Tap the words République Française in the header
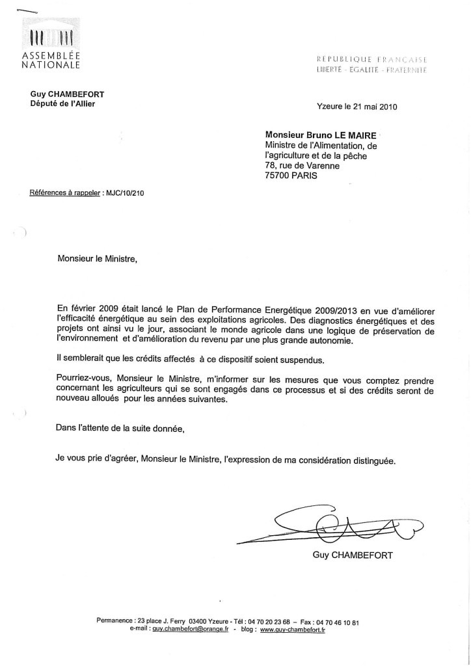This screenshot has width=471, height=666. [371, 59]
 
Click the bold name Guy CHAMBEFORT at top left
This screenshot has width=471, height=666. [62, 95]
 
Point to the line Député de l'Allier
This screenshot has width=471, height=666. [62, 104]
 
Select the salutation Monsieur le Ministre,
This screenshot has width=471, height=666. [98, 258]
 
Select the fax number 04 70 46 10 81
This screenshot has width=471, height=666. [339, 622]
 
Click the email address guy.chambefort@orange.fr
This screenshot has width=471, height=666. [192, 630]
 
